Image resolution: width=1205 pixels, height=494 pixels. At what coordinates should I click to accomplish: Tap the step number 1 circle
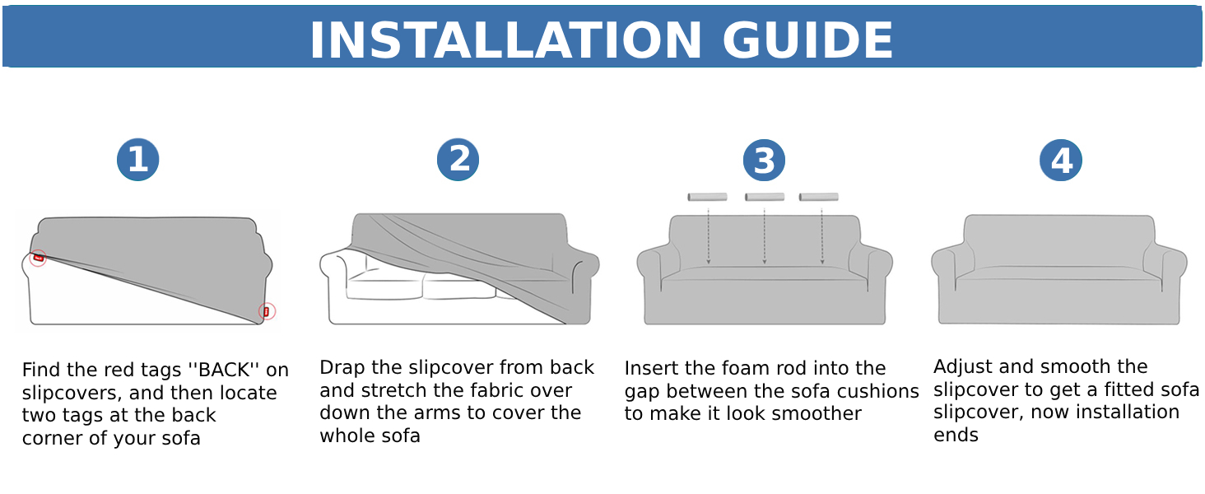[137, 160]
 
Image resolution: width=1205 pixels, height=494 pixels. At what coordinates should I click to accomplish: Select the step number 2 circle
[458, 160]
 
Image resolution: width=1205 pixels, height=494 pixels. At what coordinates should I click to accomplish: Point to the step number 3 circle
[764, 161]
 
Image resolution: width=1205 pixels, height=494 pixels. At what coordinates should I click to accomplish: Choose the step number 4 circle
[1060, 161]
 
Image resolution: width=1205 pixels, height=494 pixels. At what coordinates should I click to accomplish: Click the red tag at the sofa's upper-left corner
[38, 258]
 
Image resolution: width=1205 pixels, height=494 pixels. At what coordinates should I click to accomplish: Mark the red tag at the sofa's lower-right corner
[266, 311]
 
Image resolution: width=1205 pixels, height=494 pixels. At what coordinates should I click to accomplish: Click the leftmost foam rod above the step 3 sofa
[707, 197]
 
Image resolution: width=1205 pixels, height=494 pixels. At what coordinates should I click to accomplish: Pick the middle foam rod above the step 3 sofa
[764, 197]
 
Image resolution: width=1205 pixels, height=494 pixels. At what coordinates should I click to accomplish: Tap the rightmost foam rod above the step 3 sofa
[818, 197]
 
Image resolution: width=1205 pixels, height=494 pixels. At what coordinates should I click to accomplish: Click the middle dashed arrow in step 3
[765, 236]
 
